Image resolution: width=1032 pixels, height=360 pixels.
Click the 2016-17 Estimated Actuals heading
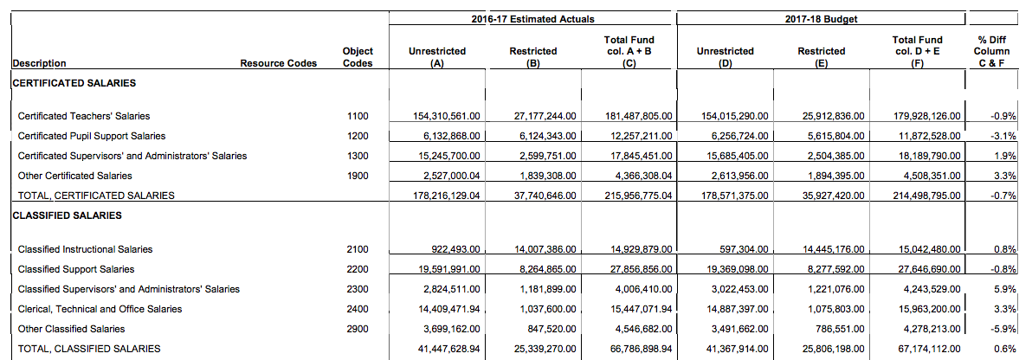click(x=532, y=19)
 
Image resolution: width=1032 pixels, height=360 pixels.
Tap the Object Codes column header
click(x=358, y=57)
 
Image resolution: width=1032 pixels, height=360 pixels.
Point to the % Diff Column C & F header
click(x=991, y=51)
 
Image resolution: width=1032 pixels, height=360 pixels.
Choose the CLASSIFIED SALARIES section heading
click(x=68, y=215)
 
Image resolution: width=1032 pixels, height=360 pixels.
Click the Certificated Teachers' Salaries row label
click(x=84, y=116)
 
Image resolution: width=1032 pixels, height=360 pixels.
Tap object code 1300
click(x=357, y=156)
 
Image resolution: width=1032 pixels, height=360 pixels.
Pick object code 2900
click(x=357, y=329)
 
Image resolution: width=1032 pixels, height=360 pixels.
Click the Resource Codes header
click(x=279, y=63)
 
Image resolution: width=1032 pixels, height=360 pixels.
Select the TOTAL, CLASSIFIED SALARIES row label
click(x=89, y=349)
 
